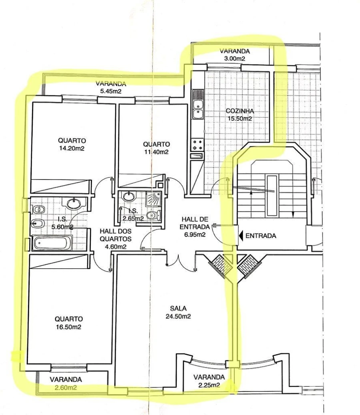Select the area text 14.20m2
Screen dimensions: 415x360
(72, 148)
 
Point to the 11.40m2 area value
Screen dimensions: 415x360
(156, 152)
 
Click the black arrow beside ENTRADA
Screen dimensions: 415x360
(241, 236)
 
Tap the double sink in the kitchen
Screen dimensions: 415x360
(198, 109)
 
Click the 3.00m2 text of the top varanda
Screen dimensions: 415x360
(234, 59)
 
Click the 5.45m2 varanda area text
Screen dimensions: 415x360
(111, 91)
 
